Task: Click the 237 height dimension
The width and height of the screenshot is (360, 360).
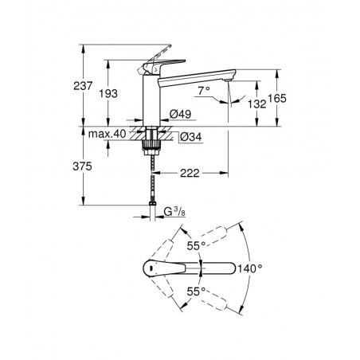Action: pyautogui.click(x=83, y=86)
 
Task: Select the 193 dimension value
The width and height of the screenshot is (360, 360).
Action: pyautogui.click(x=108, y=93)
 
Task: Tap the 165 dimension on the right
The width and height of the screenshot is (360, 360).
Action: pyautogui.click(x=277, y=99)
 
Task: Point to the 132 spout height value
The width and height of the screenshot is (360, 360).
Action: pyautogui.click(x=257, y=104)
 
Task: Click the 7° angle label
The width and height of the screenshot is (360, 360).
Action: pyautogui.click(x=204, y=91)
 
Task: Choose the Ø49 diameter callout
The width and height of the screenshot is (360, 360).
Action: pyautogui.click(x=180, y=114)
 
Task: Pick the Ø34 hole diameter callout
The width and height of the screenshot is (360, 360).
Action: pyautogui.click(x=190, y=137)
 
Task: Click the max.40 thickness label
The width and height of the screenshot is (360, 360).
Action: pyautogui.click(x=107, y=134)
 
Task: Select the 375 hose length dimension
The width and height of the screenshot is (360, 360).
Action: pyautogui.click(x=82, y=166)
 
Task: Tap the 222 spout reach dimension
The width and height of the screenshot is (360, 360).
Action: pyautogui.click(x=190, y=173)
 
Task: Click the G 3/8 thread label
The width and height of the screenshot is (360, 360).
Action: pyautogui.click(x=174, y=212)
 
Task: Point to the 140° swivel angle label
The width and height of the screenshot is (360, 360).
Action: pyautogui.click(x=250, y=268)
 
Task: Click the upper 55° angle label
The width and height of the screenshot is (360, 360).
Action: pyautogui.click(x=197, y=245)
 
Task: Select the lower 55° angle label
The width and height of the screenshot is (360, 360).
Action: pyautogui.click(x=197, y=292)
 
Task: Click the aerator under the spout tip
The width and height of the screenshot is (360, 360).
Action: pyautogui.click(x=228, y=80)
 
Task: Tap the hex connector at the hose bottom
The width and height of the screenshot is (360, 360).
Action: pyautogui.click(x=152, y=204)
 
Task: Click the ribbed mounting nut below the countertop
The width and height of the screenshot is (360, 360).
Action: pyautogui.click(x=152, y=145)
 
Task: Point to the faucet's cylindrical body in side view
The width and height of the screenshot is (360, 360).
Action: pyautogui.click(x=151, y=100)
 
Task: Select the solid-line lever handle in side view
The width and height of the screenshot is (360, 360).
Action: pyautogui.click(x=161, y=65)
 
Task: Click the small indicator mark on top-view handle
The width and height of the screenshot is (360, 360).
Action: pyautogui.click(x=151, y=268)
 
